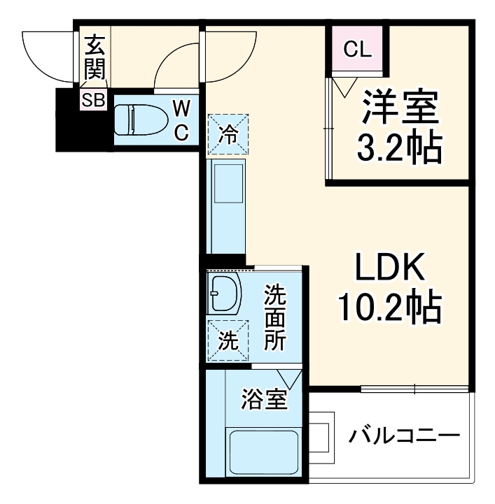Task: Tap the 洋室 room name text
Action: point(400,108)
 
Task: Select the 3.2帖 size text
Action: point(400,147)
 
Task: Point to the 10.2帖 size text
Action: point(389,308)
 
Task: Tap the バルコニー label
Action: point(405,435)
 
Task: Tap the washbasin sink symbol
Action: point(223,294)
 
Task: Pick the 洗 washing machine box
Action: point(227,340)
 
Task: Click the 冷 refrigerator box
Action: point(228,132)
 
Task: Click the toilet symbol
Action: point(139,120)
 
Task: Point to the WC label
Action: point(181,120)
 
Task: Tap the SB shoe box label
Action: point(92,99)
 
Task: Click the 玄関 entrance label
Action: point(94,59)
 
